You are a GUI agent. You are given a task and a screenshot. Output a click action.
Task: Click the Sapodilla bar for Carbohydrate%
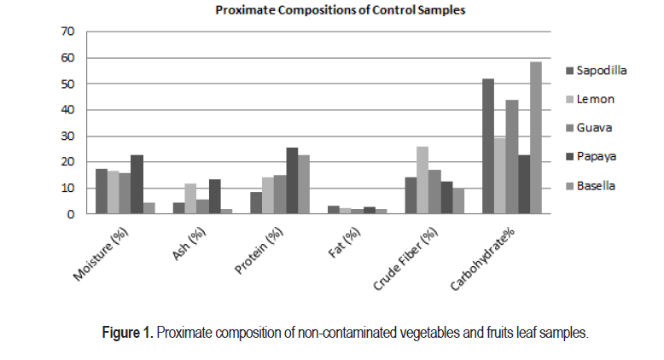(488, 146)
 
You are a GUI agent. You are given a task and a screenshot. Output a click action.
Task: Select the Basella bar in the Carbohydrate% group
(535, 137)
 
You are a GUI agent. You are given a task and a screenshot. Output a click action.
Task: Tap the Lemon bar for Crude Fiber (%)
(422, 180)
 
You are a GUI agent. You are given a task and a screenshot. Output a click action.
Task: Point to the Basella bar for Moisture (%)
(149, 208)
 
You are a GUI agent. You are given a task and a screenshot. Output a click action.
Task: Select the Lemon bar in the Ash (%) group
(190, 199)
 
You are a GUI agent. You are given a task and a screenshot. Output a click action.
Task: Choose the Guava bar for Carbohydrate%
(512, 157)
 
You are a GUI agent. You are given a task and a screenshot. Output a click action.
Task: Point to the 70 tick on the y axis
(68, 32)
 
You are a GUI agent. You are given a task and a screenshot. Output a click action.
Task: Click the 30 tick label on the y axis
(68, 136)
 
